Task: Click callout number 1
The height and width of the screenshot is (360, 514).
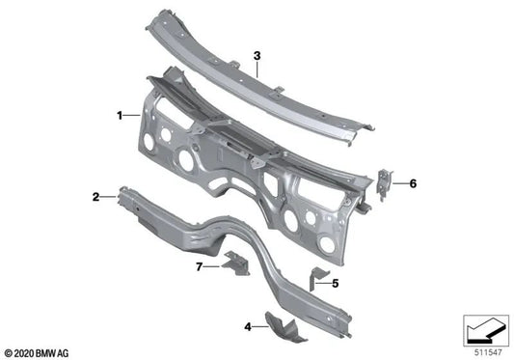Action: click(119, 115)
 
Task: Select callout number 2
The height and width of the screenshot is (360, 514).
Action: click(95, 198)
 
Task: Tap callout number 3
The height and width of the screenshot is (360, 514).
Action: click(257, 56)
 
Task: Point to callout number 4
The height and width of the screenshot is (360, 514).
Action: click(249, 327)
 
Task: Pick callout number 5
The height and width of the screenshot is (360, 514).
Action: click(336, 284)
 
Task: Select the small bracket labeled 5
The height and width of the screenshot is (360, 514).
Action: click(315, 279)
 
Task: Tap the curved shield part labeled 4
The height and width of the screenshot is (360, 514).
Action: click(286, 324)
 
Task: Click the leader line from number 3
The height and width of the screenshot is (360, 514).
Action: click(257, 71)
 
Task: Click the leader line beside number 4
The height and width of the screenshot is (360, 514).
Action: click(261, 328)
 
